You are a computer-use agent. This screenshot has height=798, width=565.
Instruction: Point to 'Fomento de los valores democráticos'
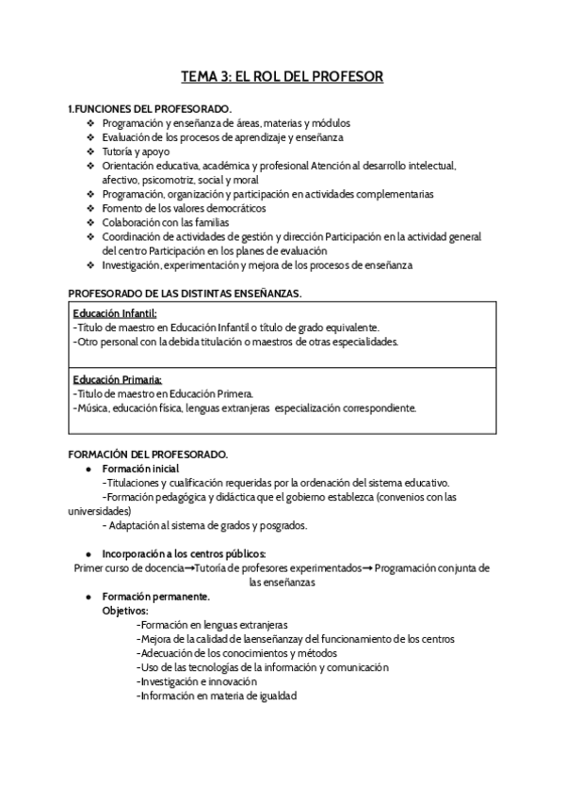point(184,208)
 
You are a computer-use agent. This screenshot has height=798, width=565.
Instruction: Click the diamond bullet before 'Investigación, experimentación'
point(90,265)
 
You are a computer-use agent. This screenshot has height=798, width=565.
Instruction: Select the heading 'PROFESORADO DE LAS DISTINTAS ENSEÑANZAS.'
point(186,294)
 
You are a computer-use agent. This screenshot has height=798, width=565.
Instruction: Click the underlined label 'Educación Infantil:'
point(115,313)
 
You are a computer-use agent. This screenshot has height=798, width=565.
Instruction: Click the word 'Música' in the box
point(92,408)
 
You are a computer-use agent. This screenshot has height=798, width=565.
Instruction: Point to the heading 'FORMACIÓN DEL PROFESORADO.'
point(149,454)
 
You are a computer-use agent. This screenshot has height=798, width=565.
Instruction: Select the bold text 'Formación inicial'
point(141,468)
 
